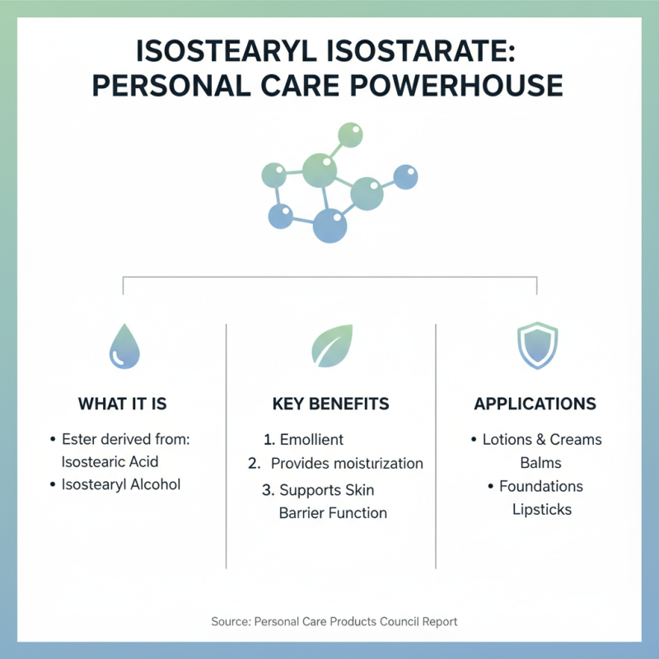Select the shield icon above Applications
coord(536,346)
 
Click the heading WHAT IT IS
coord(123,404)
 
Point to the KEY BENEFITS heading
coord(330,404)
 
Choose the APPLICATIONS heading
coord(535,404)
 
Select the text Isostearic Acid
coord(110,461)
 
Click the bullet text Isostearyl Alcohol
coord(120,484)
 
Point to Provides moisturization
coord(347,463)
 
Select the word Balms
coord(541,462)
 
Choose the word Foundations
coord(541,486)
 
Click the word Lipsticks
coord(541,509)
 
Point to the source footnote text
coord(329,621)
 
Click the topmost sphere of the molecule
coord(350,135)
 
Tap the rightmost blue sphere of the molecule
coord(405,176)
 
